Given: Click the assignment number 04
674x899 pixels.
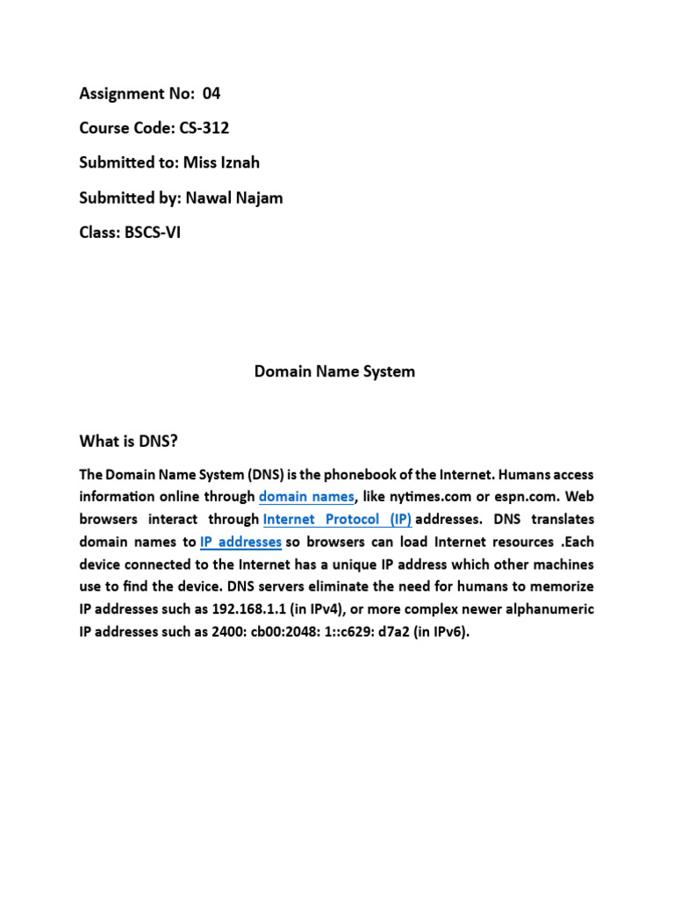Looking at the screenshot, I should click(212, 93).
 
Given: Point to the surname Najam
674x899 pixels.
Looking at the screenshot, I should click(259, 198).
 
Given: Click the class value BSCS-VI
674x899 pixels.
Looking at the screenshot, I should click(149, 233).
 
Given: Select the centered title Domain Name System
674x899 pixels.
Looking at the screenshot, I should click(334, 371).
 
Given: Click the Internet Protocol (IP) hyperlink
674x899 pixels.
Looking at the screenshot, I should click(337, 519).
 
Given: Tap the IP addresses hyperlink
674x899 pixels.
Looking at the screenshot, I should click(240, 542).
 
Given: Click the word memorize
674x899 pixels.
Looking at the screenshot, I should click(561, 586).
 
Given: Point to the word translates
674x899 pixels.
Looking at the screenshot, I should click(562, 519).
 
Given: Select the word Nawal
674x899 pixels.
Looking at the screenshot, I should click(204, 198).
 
